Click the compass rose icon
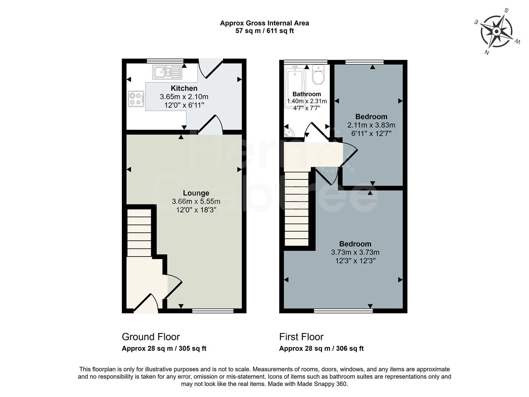tap(497, 32)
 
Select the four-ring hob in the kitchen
tap(136, 99)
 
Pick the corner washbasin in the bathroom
tap(289, 132)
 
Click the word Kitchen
tap(184, 88)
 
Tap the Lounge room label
tap(196, 193)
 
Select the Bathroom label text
tap(307, 94)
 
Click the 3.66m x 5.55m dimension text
tap(196, 201)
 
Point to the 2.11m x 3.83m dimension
tap(371, 125)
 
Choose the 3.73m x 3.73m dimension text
tap(355, 253)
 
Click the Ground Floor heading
tap(151, 337)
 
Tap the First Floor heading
tap(301, 337)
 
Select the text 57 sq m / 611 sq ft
tap(264, 31)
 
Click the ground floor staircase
tap(139, 233)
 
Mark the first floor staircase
tap(296, 208)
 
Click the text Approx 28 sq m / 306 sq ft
tap(321, 348)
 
